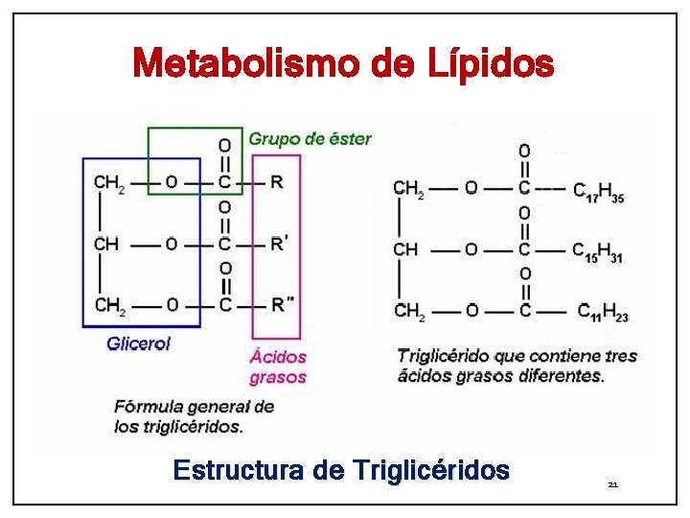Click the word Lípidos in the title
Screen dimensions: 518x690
[x=487, y=64]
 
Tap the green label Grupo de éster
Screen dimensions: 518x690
[x=310, y=139]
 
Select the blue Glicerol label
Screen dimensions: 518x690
[x=138, y=343]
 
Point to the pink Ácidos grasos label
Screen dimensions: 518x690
[x=278, y=365]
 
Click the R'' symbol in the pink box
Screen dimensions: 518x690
[x=281, y=306]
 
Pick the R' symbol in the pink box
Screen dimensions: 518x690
[x=279, y=245]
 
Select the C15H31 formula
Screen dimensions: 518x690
[x=597, y=251]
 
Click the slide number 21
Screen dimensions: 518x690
[x=612, y=485]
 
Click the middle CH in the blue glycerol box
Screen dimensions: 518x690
[x=106, y=245]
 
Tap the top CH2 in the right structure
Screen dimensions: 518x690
[x=408, y=189]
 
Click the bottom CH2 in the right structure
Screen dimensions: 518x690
[x=408, y=311]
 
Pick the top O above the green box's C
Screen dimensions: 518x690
[x=225, y=145]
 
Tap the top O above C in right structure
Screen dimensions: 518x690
[x=524, y=151]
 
